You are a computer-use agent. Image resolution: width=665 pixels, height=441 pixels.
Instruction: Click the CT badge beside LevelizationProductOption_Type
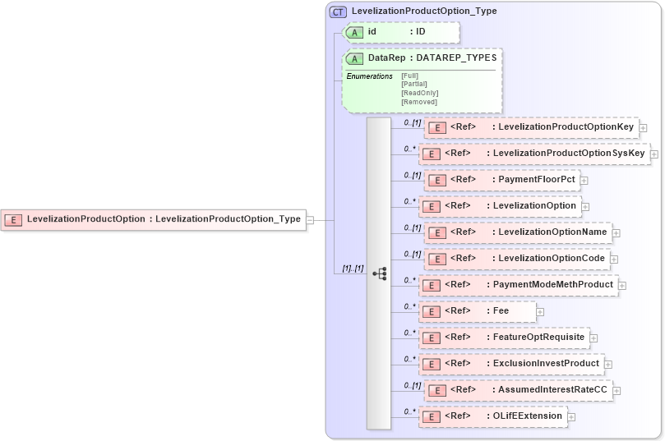pos(338,11)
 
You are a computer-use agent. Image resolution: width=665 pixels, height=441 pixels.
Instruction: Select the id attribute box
pos(401,32)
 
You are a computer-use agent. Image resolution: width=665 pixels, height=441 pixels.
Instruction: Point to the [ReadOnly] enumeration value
pos(419,93)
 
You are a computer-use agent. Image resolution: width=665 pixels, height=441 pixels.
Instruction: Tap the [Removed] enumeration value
pos(418,102)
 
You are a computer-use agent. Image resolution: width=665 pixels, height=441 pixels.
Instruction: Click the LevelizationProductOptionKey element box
pos(531,127)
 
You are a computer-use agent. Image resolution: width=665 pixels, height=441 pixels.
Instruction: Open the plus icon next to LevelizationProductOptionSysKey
pos(655,154)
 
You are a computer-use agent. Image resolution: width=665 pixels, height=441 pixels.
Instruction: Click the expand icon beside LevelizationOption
pos(584,206)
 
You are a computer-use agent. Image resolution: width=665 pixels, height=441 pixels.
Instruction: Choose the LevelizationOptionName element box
pos(518,232)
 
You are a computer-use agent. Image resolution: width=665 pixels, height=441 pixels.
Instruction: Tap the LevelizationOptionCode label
pos(552,259)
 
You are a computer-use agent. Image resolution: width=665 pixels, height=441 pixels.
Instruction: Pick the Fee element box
pos(477,311)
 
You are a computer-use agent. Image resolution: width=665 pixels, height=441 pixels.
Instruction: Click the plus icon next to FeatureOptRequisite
pos(593,338)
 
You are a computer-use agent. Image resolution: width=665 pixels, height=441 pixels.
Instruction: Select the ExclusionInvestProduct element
pos(511,364)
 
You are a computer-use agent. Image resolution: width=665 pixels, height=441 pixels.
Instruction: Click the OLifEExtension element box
pos(492,416)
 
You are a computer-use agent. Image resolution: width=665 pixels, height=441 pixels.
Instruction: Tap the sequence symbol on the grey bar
pos(379,273)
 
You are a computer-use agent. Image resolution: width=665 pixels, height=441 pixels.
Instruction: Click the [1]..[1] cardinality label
pos(353,269)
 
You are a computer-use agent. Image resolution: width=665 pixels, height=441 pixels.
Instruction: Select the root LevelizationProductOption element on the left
pos(153,219)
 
